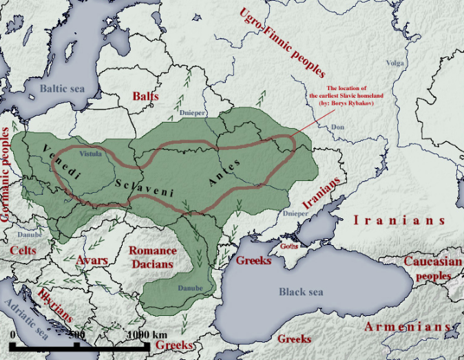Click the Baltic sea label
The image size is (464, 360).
pyautogui.click(x=61, y=89)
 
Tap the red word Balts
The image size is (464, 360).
pyautogui.click(x=145, y=96)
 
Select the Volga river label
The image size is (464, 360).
pyautogui.click(x=395, y=63)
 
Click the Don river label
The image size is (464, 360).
pyautogui.click(x=337, y=127)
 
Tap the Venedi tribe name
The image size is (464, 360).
pyautogui.click(x=61, y=164)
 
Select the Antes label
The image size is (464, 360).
pyautogui.click(x=223, y=173)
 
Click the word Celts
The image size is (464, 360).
pyautogui.click(x=23, y=251)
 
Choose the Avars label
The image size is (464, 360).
pyautogui.click(x=92, y=260)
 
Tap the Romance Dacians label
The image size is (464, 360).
pyautogui.click(x=153, y=257)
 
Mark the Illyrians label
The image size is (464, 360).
pyautogui.click(x=55, y=305)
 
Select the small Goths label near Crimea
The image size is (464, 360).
pyautogui.click(x=288, y=245)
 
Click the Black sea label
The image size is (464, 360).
pyautogui.click(x=300, y=292)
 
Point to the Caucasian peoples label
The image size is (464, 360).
pyautogui.click(x=428, y=268)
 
